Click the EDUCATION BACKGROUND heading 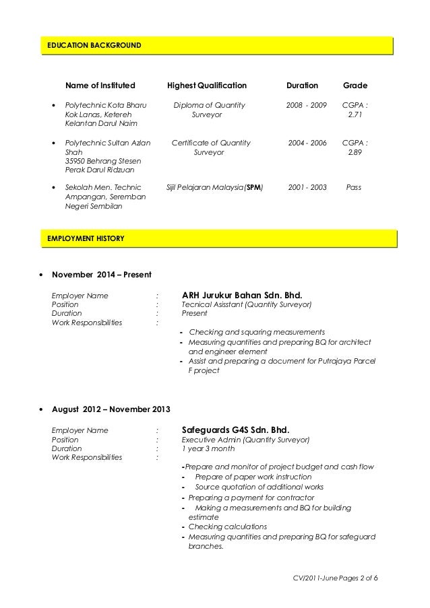(94, 46)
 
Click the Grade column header (355, 86)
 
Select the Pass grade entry (353, 187)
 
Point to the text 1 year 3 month (208, 448)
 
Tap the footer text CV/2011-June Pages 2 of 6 (332, 579)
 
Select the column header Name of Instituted (100, 86)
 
